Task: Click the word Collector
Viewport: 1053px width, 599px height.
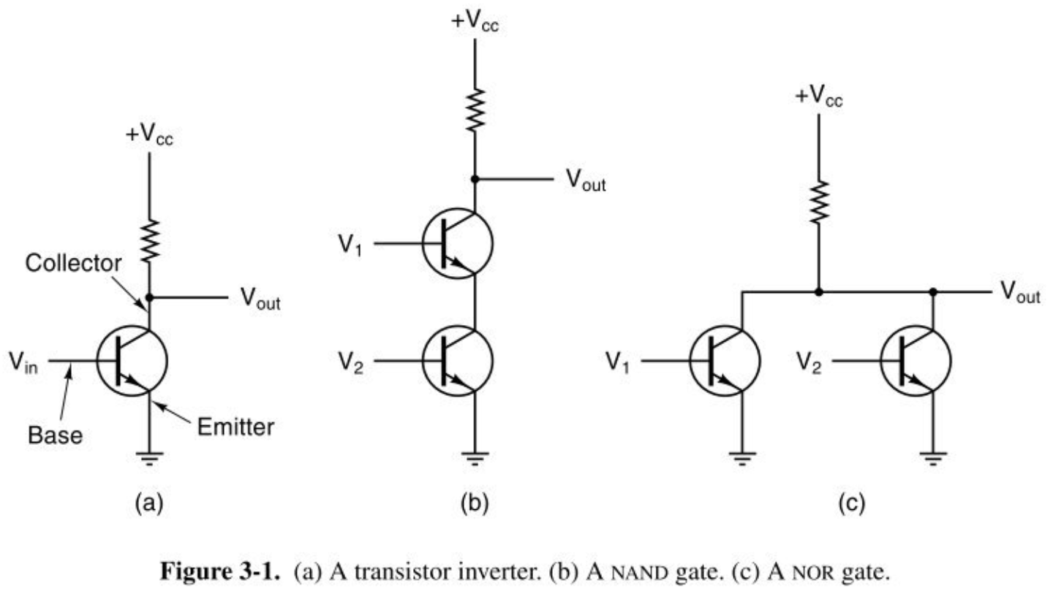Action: pos(73,264)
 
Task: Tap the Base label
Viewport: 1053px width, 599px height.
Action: pos(55,435)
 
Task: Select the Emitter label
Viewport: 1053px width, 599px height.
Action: pos(235,427)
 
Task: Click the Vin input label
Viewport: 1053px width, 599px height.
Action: pos(23,363)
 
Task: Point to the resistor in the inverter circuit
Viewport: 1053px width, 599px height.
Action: pos(150,240)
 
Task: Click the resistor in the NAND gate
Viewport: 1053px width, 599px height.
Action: pos(475,110)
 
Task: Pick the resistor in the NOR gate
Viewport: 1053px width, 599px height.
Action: pos(819,201)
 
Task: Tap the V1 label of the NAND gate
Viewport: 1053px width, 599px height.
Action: pos(351,245)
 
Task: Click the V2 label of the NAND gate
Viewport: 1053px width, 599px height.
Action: pos(351,363)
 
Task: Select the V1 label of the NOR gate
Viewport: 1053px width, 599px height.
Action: pos(617,362)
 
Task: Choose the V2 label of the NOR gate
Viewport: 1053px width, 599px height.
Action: pos(809,362)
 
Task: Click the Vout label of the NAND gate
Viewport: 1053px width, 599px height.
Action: pos(586,180)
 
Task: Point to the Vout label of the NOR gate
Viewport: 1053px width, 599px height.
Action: pos(1020,292)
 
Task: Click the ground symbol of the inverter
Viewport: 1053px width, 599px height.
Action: pos(149,458)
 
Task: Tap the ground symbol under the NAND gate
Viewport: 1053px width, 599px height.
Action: pos(475,458)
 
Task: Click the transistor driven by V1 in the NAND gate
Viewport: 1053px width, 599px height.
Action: pos(458,244)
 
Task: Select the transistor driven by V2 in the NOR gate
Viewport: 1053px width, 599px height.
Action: pos(916,361)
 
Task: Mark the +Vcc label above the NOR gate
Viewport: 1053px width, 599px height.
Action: pos(819,97)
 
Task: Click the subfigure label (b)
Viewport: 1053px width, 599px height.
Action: pos(475,503)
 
